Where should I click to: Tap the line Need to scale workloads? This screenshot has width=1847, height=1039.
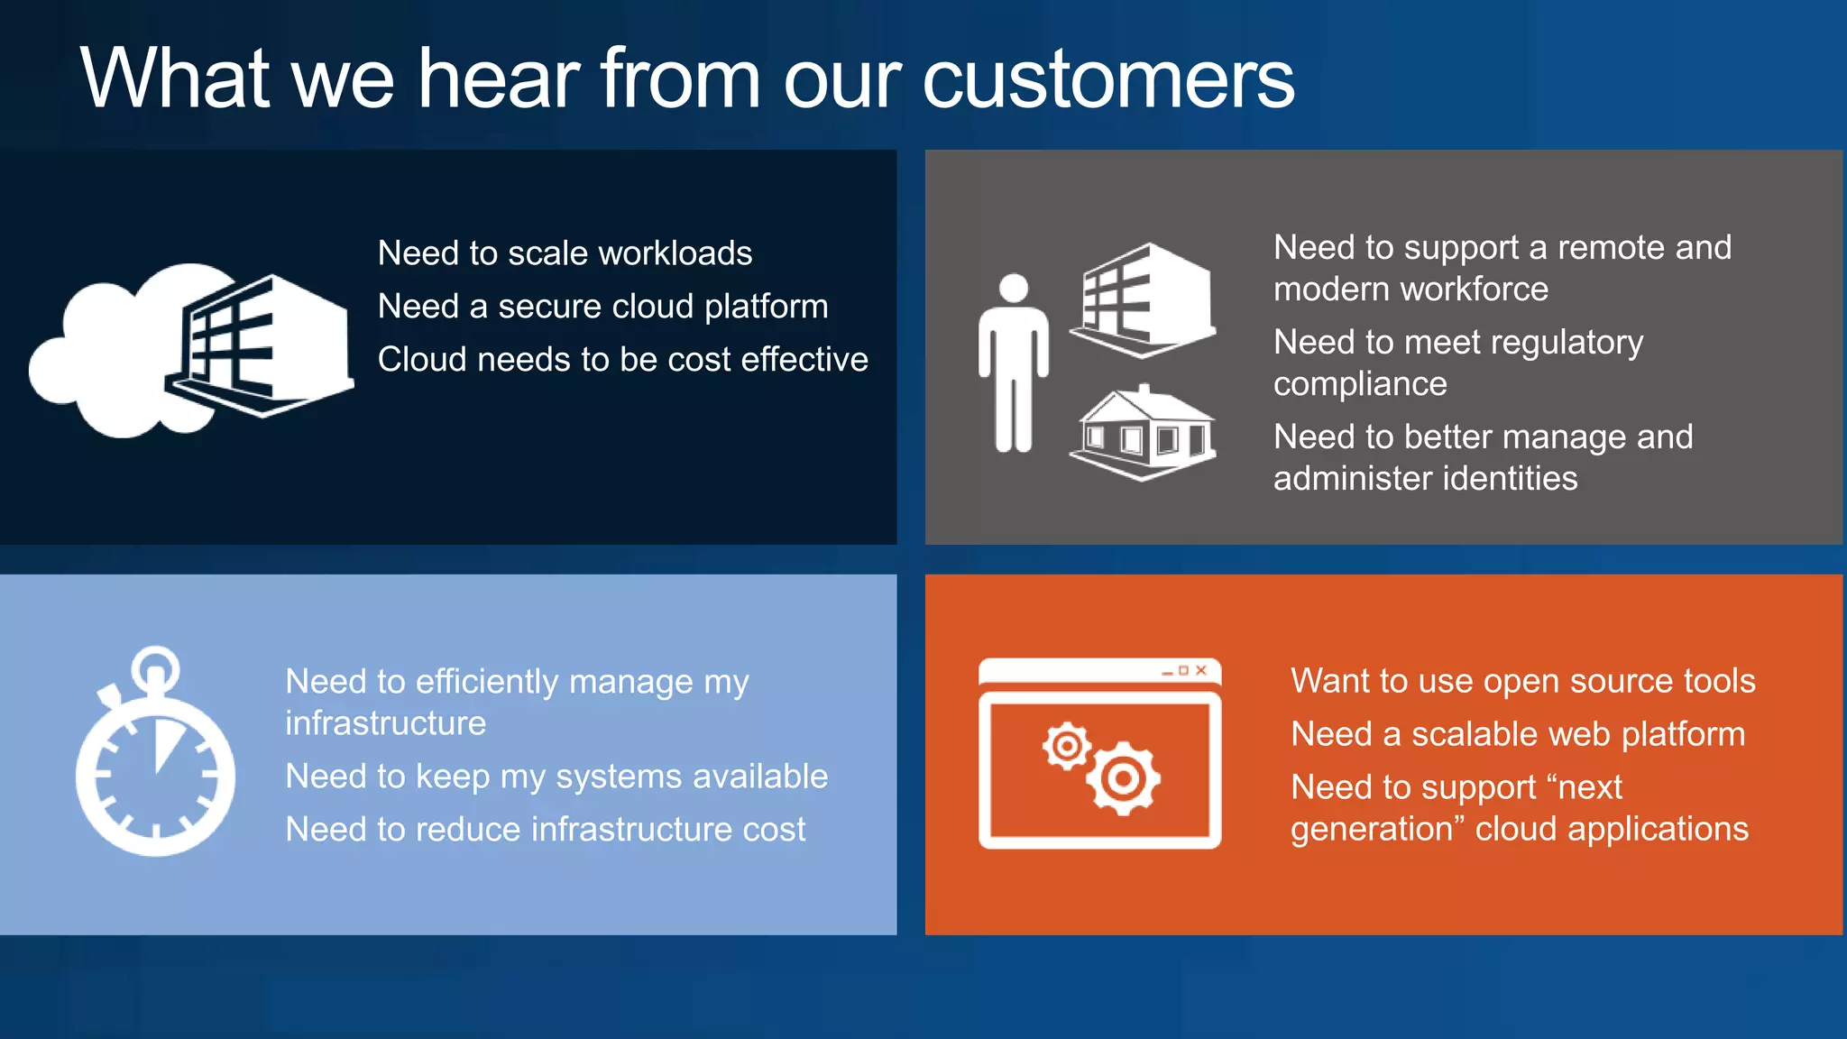[565, 253]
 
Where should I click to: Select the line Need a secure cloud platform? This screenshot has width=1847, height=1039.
[602, 307]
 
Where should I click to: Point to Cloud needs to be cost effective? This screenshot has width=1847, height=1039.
[622, 360]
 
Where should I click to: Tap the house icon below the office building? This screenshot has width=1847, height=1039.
[1144, 433]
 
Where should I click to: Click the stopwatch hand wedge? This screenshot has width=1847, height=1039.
[164, 743]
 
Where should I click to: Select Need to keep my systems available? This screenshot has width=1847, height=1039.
[556, 777]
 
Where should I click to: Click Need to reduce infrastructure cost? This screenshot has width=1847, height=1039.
[545, 830]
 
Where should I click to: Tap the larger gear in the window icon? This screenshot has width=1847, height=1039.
[1124, 778]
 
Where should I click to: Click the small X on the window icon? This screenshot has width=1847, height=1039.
[1201, 671]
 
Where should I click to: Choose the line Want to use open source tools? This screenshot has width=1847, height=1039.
[1522, 681]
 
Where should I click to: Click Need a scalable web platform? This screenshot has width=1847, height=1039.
[1517, 734]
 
